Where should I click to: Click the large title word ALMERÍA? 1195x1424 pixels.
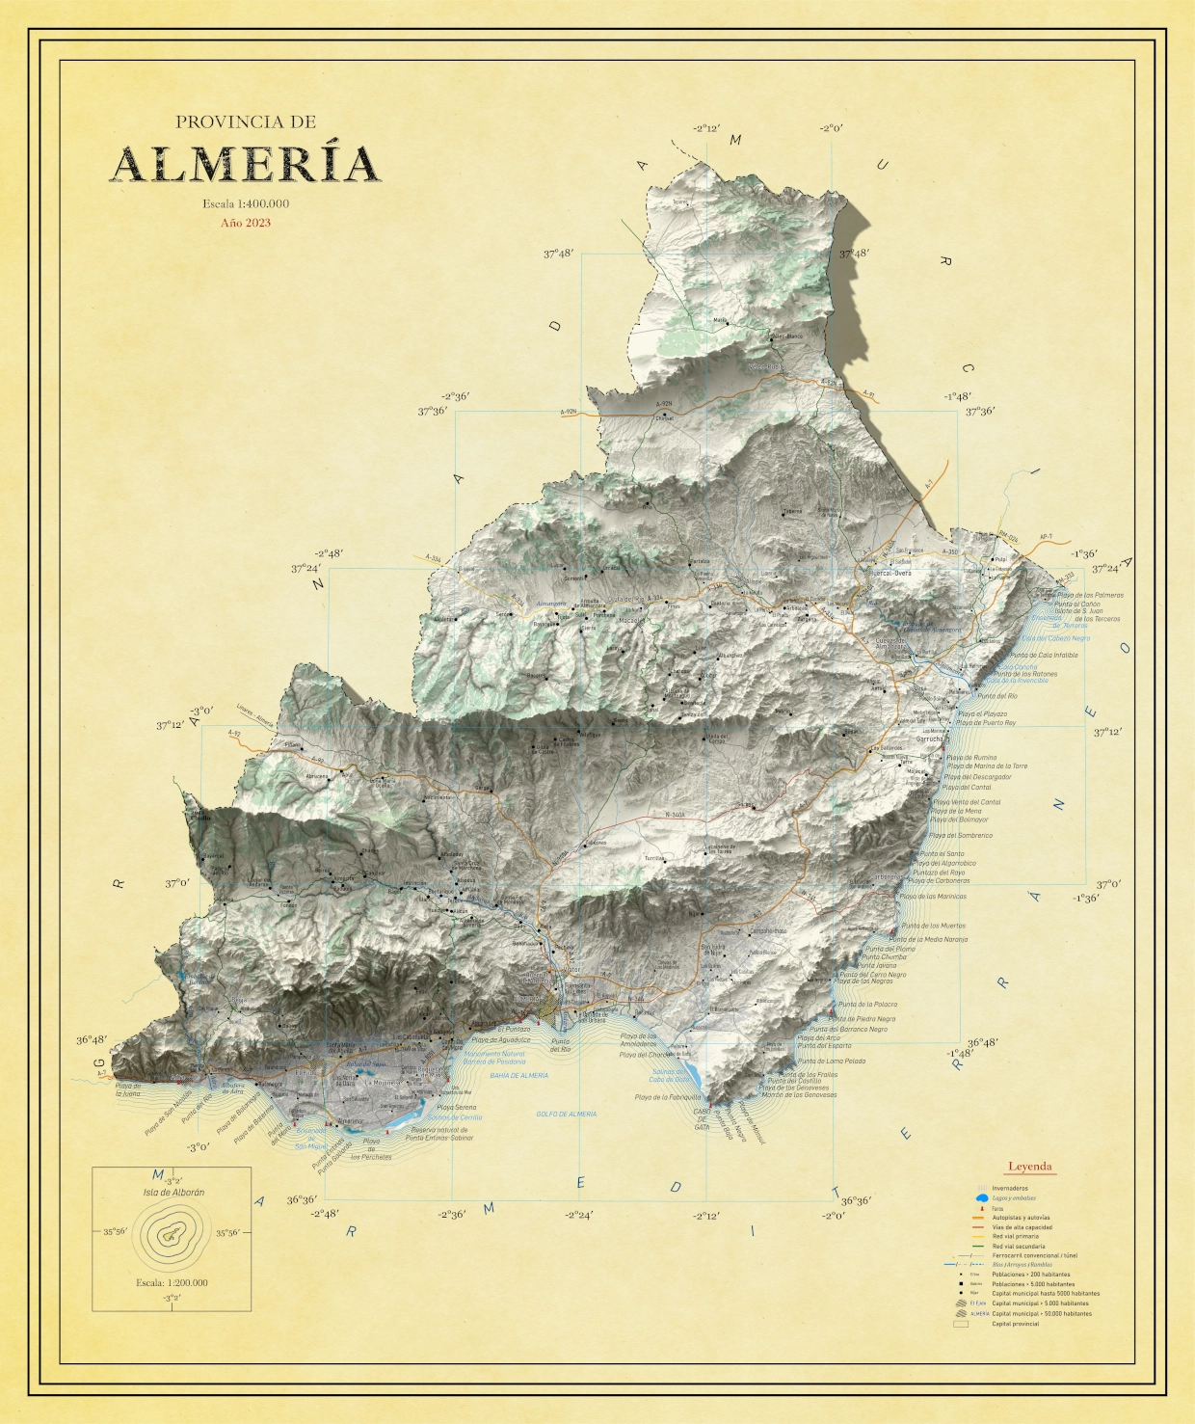245,164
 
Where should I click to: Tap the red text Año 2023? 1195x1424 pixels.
246,223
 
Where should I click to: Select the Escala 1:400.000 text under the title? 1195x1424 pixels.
246,203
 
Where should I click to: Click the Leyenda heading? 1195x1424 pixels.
1029,1167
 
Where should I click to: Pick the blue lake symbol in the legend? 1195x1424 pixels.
981,1197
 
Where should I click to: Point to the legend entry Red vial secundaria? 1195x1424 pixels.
1018,1247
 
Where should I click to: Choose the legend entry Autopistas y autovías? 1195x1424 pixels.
1021,1218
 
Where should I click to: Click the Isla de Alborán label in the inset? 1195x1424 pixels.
173,1193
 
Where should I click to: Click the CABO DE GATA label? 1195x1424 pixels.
703,1118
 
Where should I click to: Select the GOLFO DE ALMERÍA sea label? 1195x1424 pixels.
566,1114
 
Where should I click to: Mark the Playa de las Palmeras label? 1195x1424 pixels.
1090,595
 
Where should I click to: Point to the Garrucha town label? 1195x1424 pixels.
930,739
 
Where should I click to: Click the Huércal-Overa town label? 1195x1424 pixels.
890,574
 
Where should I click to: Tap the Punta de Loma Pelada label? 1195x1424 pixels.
831,1061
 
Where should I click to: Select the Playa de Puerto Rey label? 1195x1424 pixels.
986,722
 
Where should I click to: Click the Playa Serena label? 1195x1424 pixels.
456,1108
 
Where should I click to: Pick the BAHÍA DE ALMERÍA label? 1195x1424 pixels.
518,1075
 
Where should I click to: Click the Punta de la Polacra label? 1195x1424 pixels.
863,1004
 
